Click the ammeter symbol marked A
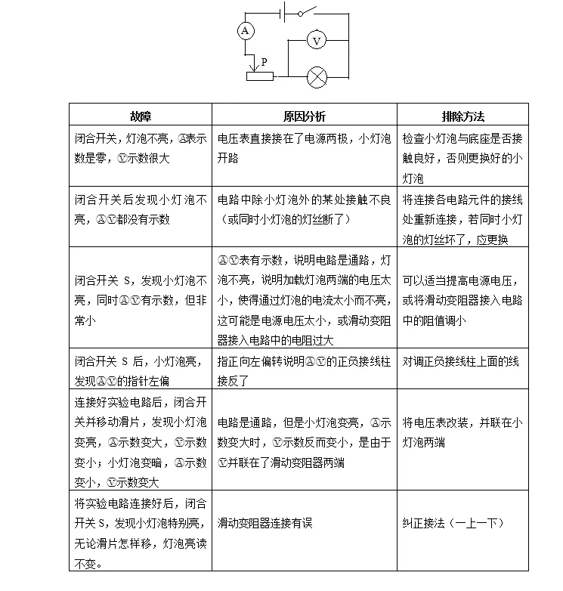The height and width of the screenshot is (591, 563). click(244, 30)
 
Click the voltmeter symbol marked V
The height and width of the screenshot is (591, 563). click(317, 41)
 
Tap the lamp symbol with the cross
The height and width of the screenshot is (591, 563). click(316, 76)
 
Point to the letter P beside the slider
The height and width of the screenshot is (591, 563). click(263, 61)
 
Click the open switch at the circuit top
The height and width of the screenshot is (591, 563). click(308, 12)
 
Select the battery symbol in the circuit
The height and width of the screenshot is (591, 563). click(284, 11)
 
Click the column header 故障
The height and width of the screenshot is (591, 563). click(141, 116)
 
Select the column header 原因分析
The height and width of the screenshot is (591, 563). click(305, 116)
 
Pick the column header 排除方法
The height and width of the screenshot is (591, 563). click(462, 116)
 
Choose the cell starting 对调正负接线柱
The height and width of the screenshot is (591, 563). click(460, 361)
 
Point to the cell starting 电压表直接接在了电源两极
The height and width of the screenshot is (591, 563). click(304, 149)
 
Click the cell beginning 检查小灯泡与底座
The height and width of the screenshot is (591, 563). click(462, 159)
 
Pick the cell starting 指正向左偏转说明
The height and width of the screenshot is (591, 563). click(304, 371)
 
